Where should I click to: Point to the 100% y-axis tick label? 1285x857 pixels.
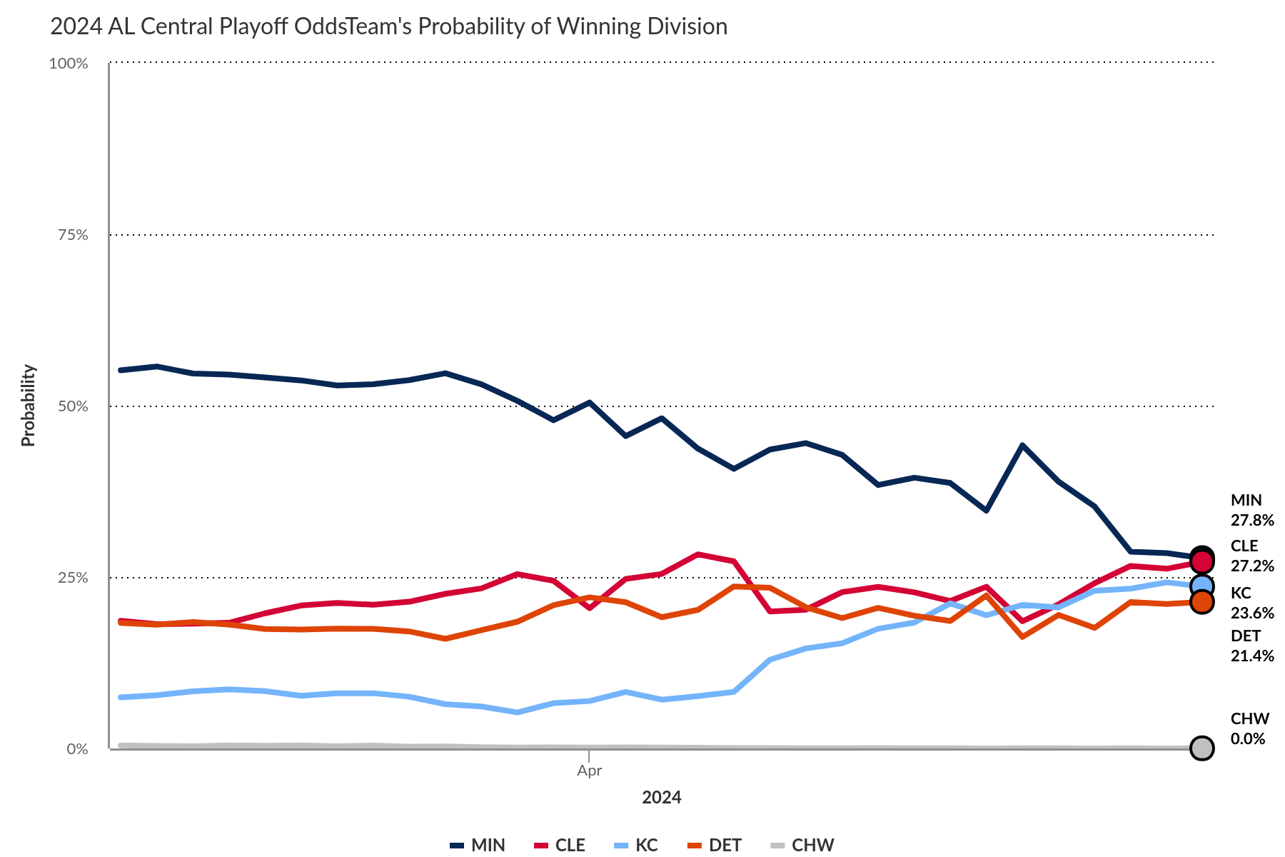(x=69, y=64)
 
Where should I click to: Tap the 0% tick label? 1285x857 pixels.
(x=77, y=749)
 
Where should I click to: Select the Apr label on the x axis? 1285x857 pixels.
(x=589, y=771)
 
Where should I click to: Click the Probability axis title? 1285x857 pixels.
(x=28, y=406)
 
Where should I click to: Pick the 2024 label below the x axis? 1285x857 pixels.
(x=661, y=798)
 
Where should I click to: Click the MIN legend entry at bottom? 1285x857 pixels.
(x=478, y=845)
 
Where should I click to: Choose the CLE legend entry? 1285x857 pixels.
(x=560, y=845)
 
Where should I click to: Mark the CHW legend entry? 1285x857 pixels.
(x=802, y=845)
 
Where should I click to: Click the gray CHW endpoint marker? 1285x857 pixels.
(x=1202, y=748)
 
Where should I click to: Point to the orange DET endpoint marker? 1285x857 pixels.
(x=1202, y=602)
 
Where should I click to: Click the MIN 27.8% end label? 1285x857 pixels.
(x=1251, y=510)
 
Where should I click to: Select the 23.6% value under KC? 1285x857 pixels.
(x=1251, y=613)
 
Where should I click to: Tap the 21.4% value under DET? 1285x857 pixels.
(x=1251, y=656)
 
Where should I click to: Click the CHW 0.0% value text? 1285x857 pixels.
(x=1247, y=738)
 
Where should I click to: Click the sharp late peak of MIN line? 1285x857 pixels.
(x=1022, y=445)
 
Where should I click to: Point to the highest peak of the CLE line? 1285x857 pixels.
(x=697, y=554)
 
